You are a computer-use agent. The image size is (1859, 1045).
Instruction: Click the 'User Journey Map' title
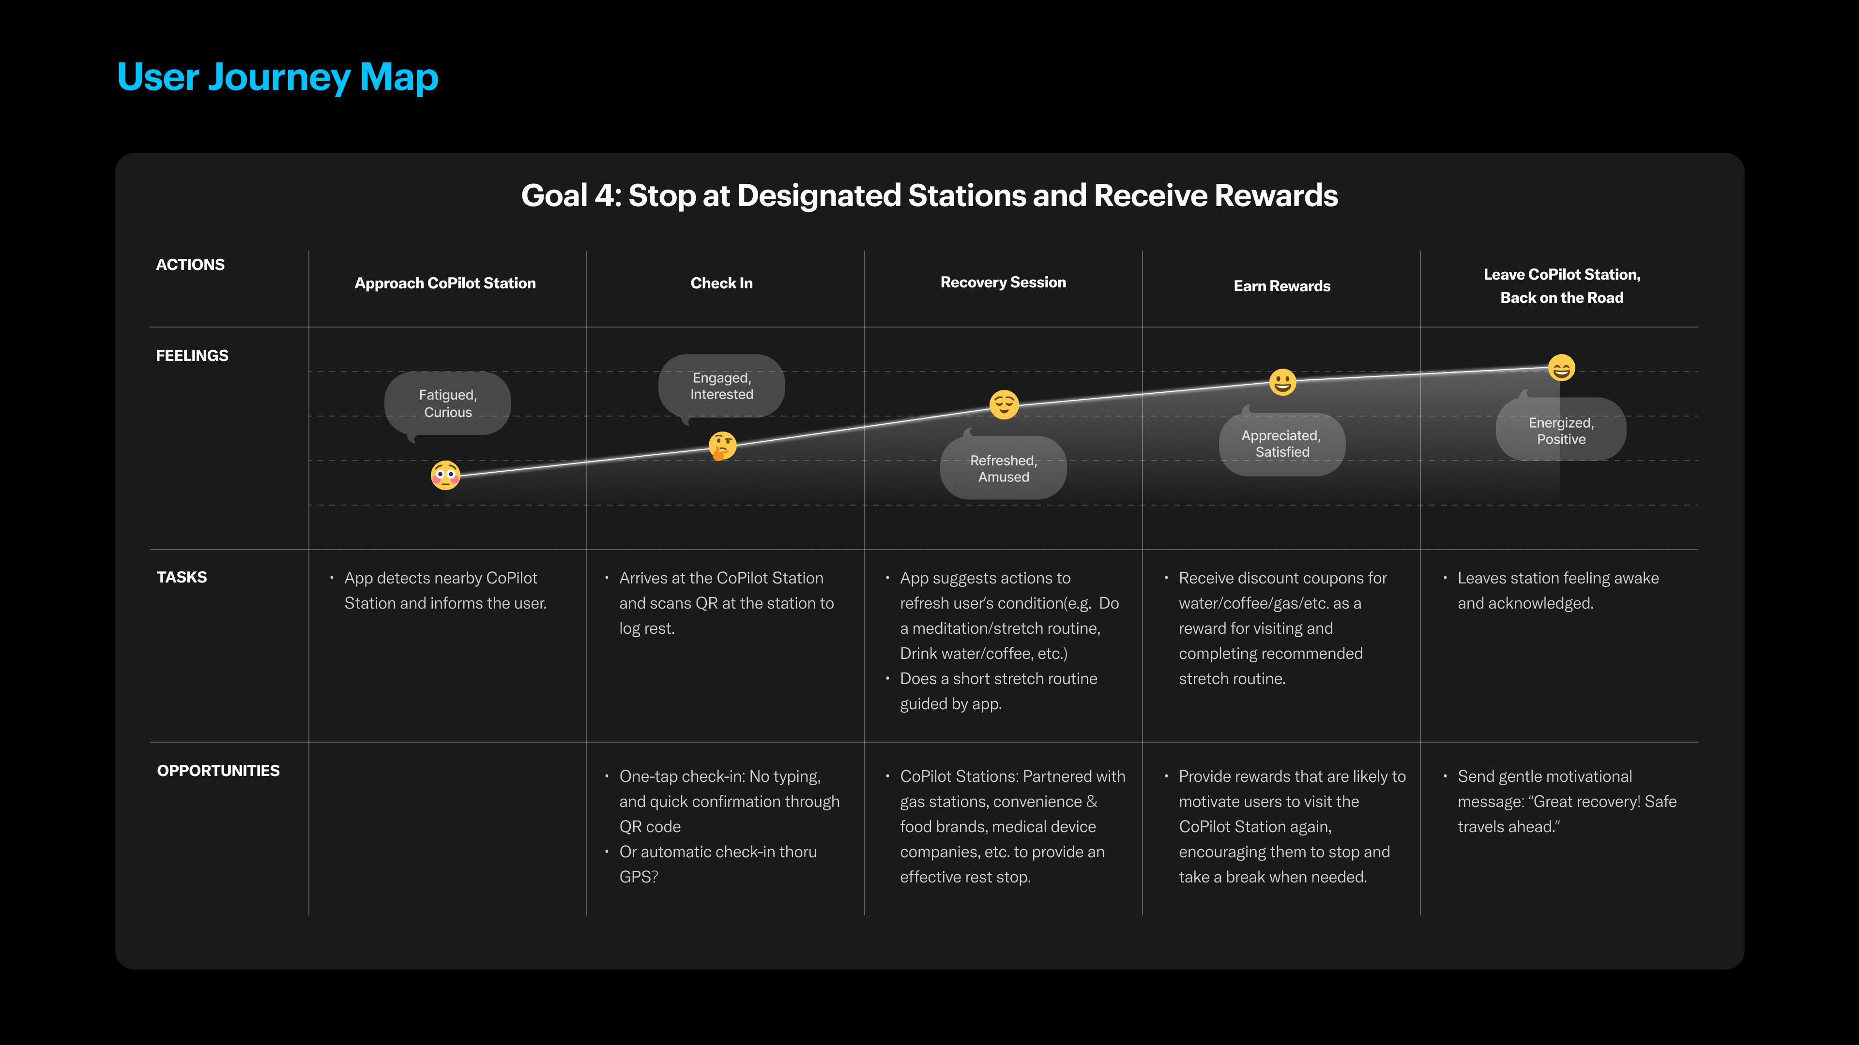pyautogui.click(x=278, y=78)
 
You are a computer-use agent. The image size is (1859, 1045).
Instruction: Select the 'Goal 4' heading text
pyautogui.click(x=929, y=195)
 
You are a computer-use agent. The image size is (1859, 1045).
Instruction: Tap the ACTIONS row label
pyautogui.click(x=191, y=265)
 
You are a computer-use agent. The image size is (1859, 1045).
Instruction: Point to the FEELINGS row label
pyautogui.click(x=192, y=356)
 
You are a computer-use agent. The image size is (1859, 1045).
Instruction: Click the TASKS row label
pyautogui.click(x=182, y=577)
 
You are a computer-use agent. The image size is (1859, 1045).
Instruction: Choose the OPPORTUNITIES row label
pyautogui.click(x=218, y=770)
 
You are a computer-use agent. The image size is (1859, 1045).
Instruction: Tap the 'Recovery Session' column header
pyautogui.click(x=1003, y=283)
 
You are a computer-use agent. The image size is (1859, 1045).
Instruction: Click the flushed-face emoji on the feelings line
pyautogui.click(x=445, y=475)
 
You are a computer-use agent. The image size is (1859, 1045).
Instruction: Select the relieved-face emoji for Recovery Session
pyautogui.click(x=1004, y=404)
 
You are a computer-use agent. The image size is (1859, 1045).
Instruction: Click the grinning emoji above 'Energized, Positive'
pyautogui.click(x=1562, y=368)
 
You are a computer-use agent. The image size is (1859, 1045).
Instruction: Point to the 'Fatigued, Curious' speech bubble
pyautogui.click(x=447, y=404)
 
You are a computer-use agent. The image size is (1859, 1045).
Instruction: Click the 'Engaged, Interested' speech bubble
pyautogui.click(x=722, y=387)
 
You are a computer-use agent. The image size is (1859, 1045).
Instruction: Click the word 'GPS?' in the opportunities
pyautogui.click(x=639, y=877)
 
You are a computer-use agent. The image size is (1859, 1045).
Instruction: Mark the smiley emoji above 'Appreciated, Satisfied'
pyautogui.click(x=1282, y=382)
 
